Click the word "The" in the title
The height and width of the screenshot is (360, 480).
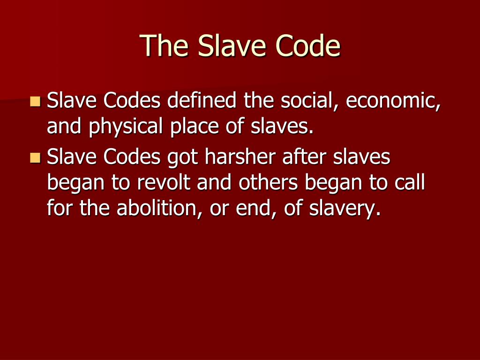tap(165, 46)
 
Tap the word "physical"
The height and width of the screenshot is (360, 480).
tap(126, 127)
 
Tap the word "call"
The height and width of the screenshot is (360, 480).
tap(409, 183)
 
